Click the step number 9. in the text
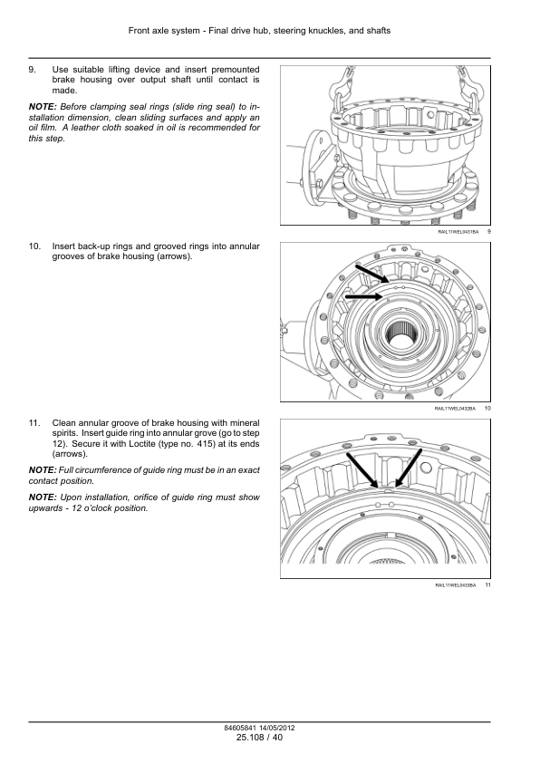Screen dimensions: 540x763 point(32,70)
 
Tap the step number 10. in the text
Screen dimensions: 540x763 point(34,246)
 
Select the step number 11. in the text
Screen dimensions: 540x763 point(34,423)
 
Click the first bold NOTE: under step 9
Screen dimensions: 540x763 point(43,107)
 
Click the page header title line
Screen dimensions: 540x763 point(259,31)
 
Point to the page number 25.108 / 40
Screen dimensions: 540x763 point(259,738)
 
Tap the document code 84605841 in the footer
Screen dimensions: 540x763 point(240,728)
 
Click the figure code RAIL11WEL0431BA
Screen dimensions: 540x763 point(458,232)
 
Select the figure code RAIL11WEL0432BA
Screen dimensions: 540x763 point(455,409)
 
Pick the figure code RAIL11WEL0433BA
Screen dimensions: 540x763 point(456,584)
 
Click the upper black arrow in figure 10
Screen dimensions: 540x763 point(372,274)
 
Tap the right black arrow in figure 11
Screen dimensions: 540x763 point(408,468)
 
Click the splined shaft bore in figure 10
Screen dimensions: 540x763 point(405,336)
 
